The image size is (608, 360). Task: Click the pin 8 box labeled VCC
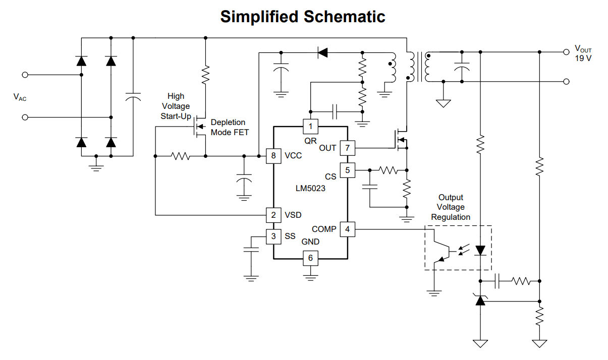pos(273,155)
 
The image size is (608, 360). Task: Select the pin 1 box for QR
pos(310,126)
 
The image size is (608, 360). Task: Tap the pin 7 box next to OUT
pos(347,148)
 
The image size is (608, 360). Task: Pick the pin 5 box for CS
pos(347,170)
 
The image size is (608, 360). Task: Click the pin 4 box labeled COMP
pos(347,229)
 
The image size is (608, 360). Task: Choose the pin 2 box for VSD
pos(273,215)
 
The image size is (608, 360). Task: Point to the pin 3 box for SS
pos(273,236)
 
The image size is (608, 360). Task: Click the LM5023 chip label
pos(310,189)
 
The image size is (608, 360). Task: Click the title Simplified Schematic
pos(303,17)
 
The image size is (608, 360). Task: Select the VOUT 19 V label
pos(583,53)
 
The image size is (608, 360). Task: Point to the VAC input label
pos(20,97)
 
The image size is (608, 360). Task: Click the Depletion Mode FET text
pos(229,127)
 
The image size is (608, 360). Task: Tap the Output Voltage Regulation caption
pos(451,207)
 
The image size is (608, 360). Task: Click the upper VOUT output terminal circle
pos(566,52)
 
